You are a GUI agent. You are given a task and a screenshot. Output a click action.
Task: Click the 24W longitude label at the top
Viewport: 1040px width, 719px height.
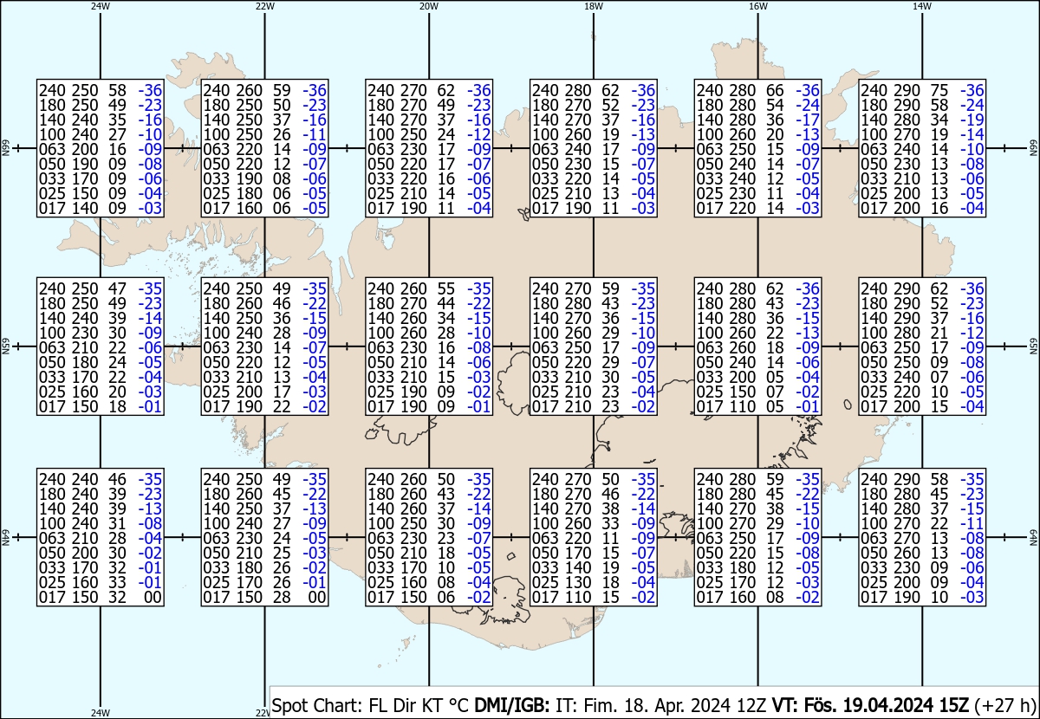coord(101,6)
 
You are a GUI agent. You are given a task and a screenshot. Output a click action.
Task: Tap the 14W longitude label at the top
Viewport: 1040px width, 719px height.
coord(922,6)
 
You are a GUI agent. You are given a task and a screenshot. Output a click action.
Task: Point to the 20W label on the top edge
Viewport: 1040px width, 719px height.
coord(429,6)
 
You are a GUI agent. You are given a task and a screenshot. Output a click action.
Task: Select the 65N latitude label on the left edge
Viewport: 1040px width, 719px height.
coord(5,347)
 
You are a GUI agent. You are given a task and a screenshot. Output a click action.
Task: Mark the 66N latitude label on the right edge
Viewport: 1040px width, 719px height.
coord(1033,149)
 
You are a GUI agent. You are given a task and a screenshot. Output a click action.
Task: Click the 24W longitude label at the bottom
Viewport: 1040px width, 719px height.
coord(101,713)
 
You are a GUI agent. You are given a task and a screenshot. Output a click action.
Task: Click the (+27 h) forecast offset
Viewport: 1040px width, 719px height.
coord(1005,705)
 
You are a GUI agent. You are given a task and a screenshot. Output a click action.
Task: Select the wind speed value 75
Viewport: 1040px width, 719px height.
coord(940,90)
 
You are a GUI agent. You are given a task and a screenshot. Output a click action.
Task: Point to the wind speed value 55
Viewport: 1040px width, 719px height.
coord(446,288)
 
